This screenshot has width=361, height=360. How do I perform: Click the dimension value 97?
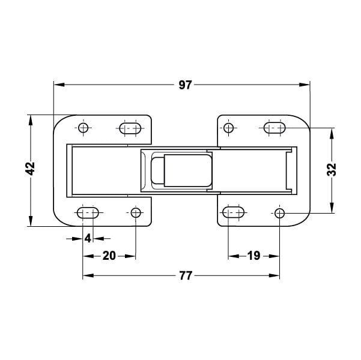(185, 85)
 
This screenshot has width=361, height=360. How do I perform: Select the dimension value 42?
(30, 169)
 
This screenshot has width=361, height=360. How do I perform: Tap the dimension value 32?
(332, 170)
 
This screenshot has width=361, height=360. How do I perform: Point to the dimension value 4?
(88, 238)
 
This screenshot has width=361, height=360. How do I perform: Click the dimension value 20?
(109, 256)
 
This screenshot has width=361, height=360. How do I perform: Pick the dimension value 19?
(253, 256)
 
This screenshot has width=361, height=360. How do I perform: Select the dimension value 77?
(186, 275)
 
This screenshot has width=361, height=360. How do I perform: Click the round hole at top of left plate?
(83, 128)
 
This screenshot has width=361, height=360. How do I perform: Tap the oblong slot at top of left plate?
(130, 128)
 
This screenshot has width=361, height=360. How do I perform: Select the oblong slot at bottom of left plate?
(88, 213)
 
